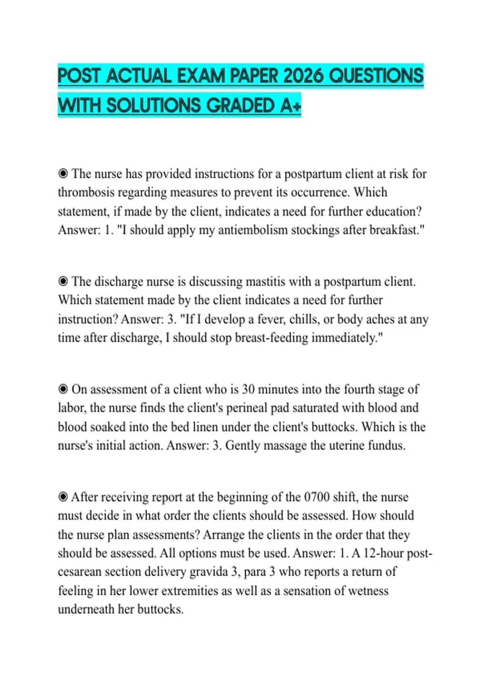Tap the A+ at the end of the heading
click(291, 106)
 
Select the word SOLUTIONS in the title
click(154, 106)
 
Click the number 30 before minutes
click(249, 389)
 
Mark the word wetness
click(366, 591)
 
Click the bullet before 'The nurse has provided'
click(63, 174)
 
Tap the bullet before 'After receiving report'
click(63, 497)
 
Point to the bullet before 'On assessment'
click(63, 389)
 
